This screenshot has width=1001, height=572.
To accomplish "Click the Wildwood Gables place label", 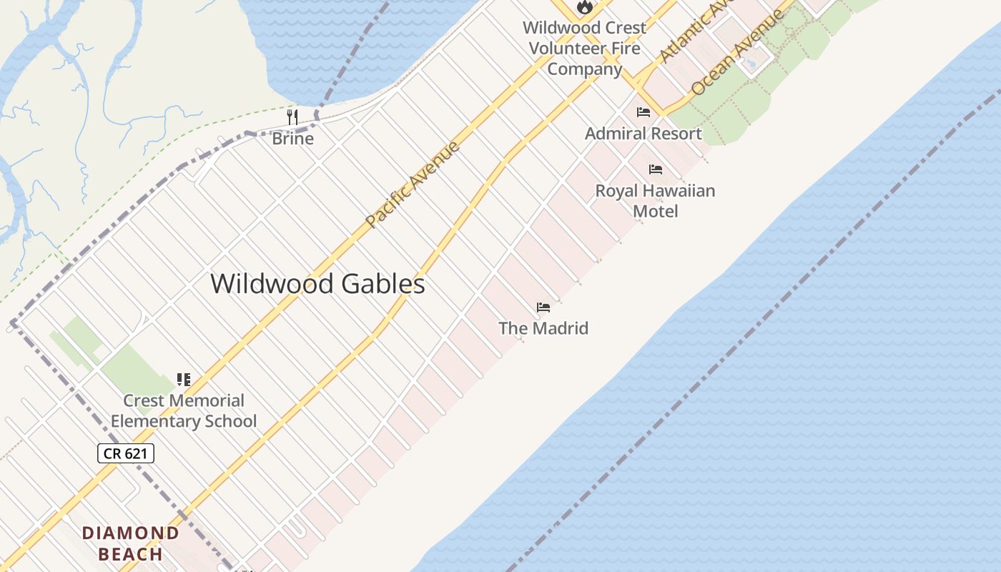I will [317, 284].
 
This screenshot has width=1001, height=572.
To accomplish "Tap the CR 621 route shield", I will [126, 453].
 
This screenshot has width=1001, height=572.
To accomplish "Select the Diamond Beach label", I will [130, 543].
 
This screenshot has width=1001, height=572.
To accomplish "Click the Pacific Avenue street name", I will [413, 185].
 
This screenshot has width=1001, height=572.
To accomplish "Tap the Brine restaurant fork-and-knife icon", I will [292, 117].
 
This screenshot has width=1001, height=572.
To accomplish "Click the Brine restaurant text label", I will [292, 139].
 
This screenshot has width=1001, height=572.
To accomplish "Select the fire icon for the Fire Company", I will [585, 7].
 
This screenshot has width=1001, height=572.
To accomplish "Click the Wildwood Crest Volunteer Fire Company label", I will [585, 48].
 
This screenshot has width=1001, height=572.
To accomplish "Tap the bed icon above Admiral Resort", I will [643, 112].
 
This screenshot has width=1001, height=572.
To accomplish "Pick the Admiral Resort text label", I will [643, 134].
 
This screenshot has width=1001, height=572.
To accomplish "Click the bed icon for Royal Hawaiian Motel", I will [655, 169].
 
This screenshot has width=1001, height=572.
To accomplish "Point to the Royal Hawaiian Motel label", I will [655, 201].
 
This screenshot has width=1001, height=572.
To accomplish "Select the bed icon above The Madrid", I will [543, 307].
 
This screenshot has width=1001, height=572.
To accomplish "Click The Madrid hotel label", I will [543, 328].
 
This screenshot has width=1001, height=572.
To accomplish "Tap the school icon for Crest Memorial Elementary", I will [184, 380].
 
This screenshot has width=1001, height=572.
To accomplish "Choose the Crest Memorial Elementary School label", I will [184, 411].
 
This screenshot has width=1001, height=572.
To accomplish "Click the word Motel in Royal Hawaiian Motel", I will [655, 212].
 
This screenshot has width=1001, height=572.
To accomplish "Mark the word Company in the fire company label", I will [585, 69].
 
